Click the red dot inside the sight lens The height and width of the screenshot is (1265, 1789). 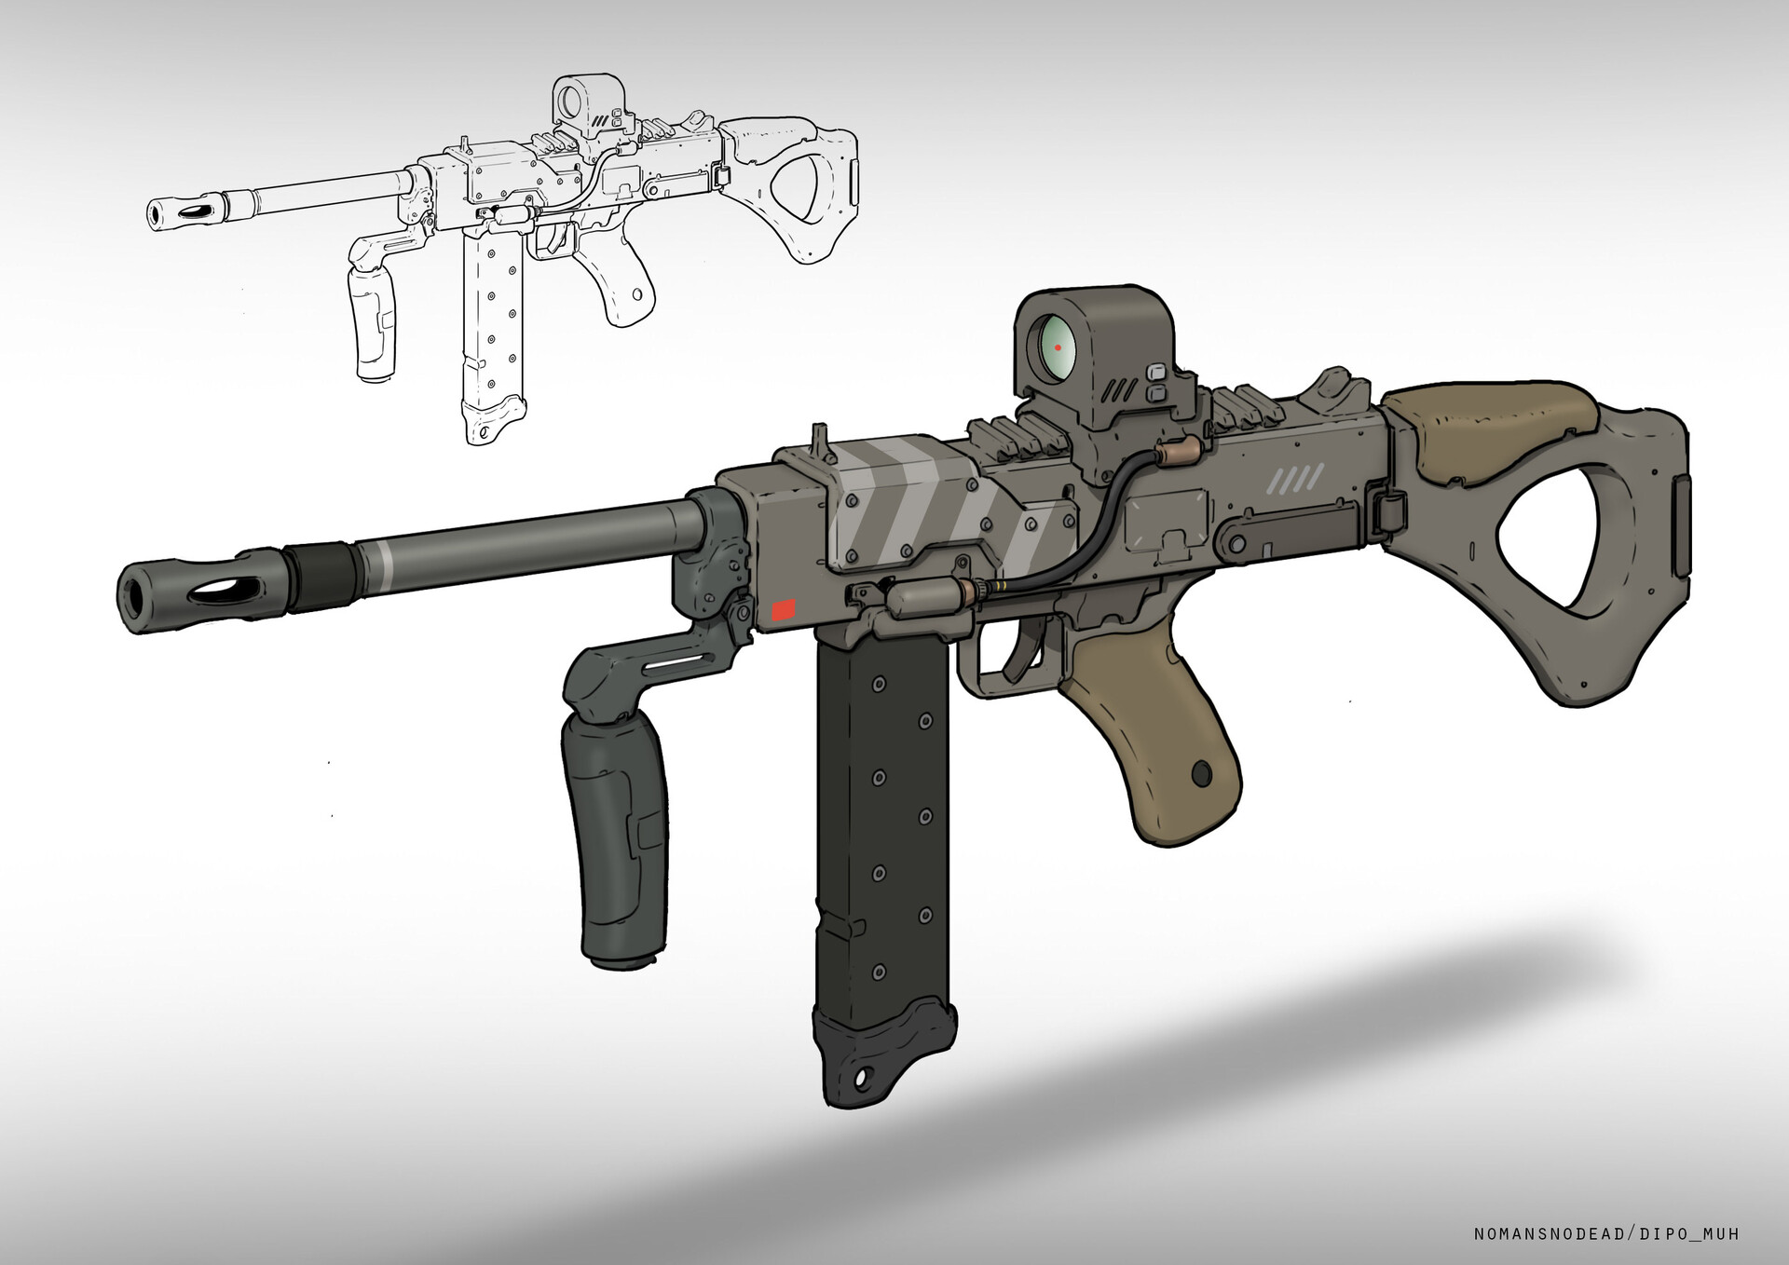[1058, 347]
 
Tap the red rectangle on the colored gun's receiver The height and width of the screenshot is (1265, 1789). [785, 611]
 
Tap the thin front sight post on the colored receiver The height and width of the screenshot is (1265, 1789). [816, 436]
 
